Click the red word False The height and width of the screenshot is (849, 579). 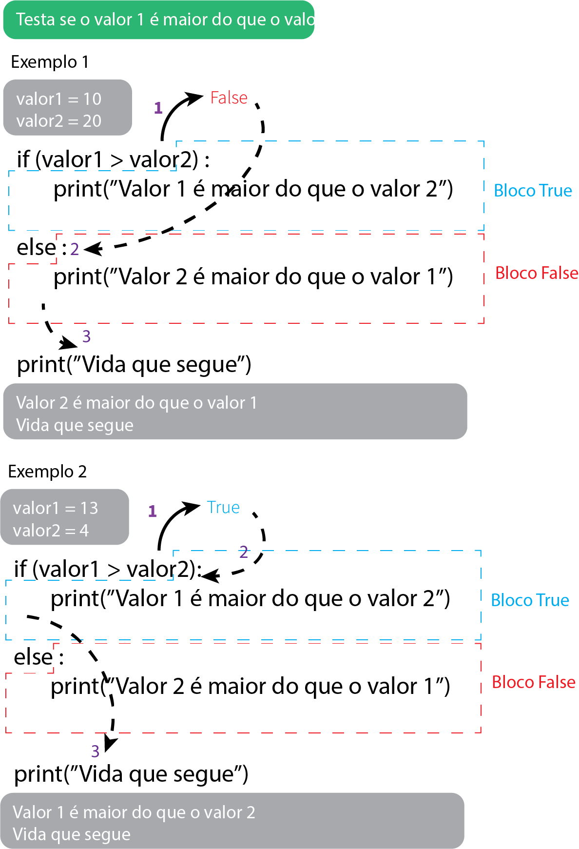pos(229,98)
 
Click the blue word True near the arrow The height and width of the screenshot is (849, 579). pos(223,508)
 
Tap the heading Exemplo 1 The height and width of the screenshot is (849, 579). pos(49,62)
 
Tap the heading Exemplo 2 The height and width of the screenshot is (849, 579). pos(47,472)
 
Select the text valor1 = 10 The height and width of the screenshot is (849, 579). pos(58,99)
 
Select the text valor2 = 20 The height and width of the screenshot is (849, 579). pos(58,121)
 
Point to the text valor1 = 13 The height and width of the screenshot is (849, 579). pos(56,508)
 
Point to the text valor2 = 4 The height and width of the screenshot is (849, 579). pos(51,531)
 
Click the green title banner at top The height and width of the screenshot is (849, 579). pos(158,20)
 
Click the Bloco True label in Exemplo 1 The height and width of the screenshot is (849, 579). pos(533,191)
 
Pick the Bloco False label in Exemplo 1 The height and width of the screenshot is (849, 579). pos(537,273)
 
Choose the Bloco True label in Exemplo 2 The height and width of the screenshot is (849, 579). pos(530,600)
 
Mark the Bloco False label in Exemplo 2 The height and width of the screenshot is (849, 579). pos(533,682)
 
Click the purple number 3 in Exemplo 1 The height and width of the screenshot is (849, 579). pos(86,336)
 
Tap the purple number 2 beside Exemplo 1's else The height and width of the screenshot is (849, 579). pos(75,249)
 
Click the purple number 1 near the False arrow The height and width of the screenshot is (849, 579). pos(158,108)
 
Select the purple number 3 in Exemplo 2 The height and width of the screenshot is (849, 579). pos(95,751)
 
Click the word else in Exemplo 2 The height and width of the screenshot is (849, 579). pos(33,657)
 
